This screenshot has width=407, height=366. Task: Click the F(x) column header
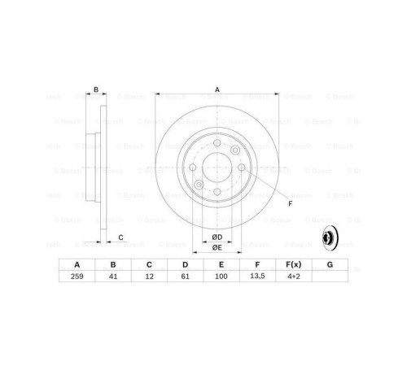(293, 264)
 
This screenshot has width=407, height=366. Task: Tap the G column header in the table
(329, 264)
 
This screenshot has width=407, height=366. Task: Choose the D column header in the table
(185, 264)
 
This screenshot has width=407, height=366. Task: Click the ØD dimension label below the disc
(217, 236)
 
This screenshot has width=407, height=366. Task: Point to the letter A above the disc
(217, 90)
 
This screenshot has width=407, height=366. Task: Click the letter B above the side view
(96, 90)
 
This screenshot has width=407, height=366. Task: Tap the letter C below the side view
(120, 237)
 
